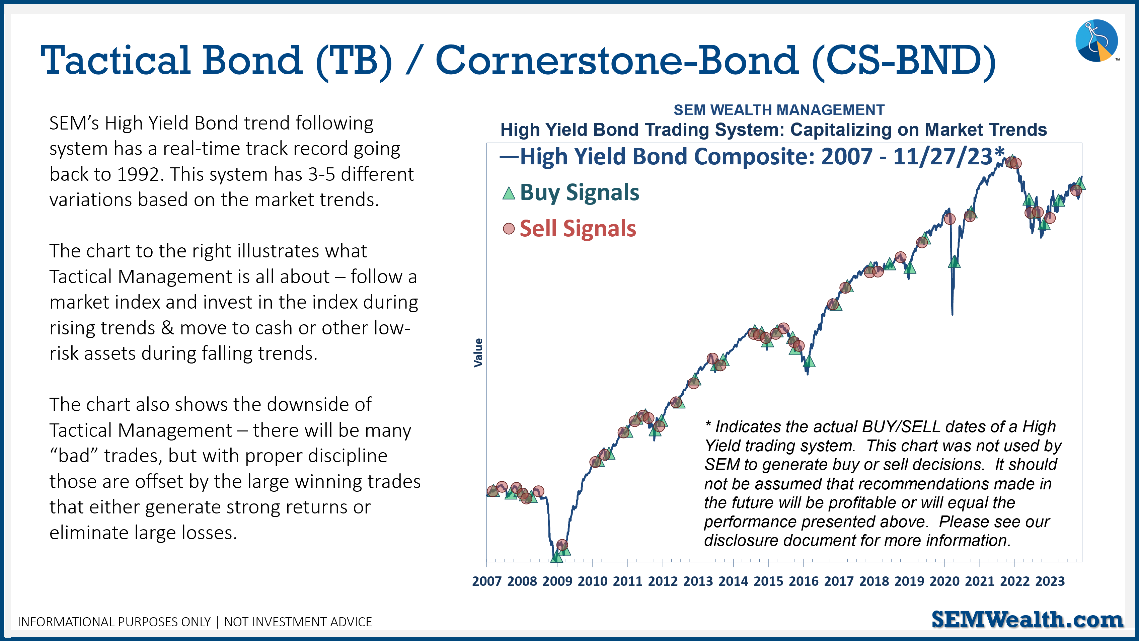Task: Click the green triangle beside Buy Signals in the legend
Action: click(509, 193)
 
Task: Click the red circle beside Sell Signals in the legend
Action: click(509, 229)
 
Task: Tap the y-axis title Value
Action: click(478, 353)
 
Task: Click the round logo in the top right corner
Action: click(1096, 41)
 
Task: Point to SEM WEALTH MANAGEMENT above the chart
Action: click(779, 110)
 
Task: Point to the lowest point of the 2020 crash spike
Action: click(952, 314)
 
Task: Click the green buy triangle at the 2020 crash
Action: click(954, 262)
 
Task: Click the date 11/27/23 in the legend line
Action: click(943, 157)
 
